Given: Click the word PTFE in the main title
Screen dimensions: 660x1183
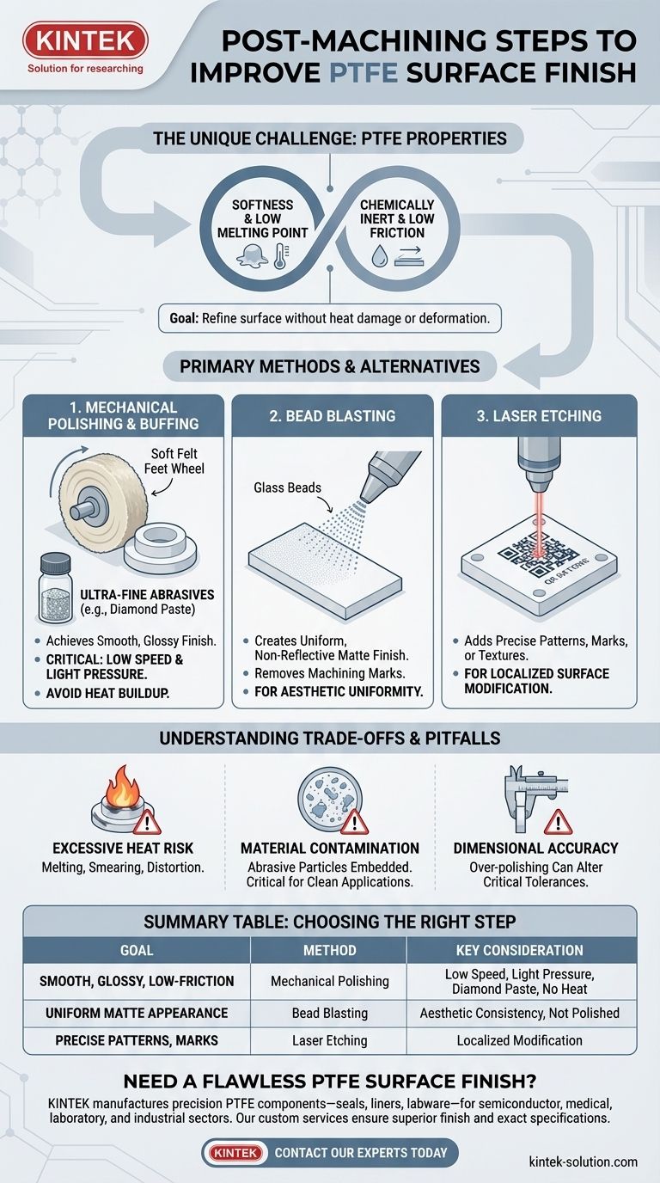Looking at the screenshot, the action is tap(364, 72).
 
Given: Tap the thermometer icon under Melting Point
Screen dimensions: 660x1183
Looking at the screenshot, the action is tap(280, 256).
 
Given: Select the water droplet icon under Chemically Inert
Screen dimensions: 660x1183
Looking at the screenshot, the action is tap(379, 257).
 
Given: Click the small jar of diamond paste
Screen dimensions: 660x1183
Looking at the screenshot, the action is tap(56, 587).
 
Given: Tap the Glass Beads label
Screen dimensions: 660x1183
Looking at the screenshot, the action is tap(287, 487).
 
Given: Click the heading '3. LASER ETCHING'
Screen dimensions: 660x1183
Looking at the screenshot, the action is tap(539, 415).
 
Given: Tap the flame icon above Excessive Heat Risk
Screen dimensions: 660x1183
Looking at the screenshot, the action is tap(122, 788).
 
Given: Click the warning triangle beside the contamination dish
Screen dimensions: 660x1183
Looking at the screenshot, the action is tap(354, 821).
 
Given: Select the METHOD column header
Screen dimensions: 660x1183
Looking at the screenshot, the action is tap(329, 950).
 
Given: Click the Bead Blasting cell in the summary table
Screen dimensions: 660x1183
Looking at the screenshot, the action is tap(329, 1013).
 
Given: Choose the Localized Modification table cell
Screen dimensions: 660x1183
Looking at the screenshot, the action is tap(520, 1040).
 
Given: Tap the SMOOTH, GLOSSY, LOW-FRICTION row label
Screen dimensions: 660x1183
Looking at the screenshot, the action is tap(137, 981).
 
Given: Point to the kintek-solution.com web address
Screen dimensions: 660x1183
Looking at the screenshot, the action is tap(583, 1162).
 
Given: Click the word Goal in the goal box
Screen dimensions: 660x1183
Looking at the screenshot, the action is tap(184, 318).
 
